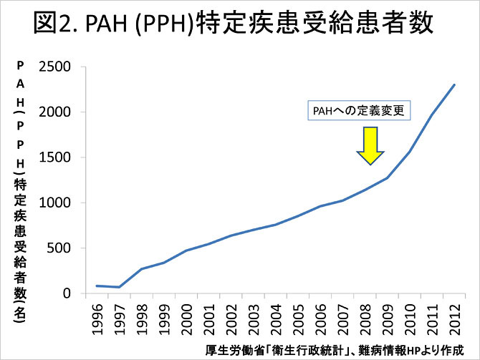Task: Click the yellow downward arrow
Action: tap(370, 146)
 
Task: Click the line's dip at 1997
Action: tap(119, 287)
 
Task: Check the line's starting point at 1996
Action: tap(97, 286)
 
